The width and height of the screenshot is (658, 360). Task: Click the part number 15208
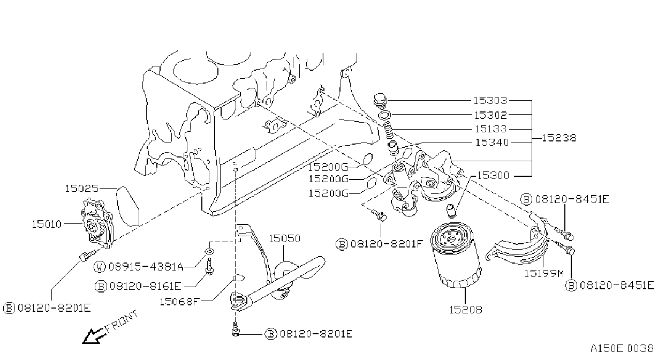coord(466,310)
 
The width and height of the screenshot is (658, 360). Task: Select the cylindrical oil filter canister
coord(456,255)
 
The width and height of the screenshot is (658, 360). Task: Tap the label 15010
coord(47,224)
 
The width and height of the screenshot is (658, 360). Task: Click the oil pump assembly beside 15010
coord(97,223)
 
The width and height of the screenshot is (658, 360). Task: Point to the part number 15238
coord(559,138)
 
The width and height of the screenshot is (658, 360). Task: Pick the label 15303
coord(490,101)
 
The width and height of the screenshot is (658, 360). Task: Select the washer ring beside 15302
coord(384,115)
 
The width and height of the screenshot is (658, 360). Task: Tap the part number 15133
coord(490,129)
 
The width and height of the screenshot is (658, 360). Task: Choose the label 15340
coord(492,142)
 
